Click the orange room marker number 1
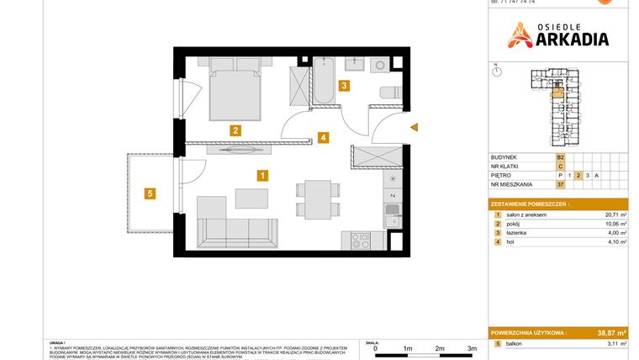(262, 176)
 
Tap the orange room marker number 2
(236, 130)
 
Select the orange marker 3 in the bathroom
(343, 85)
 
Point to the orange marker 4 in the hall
(323, 138)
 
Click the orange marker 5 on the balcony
(150, 194)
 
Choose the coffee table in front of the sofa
(252, 199)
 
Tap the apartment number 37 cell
(560, 184)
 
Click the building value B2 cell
(560, 156)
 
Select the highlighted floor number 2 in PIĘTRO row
(578, 175)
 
